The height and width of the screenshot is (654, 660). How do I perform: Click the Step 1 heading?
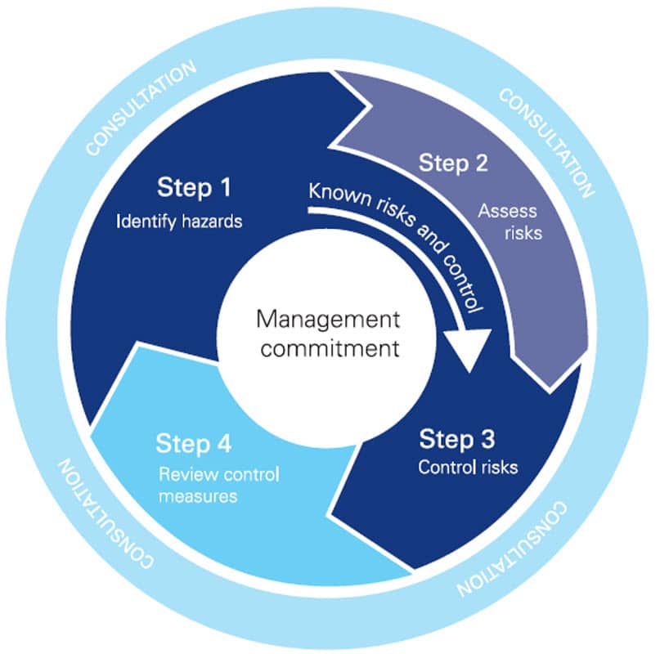194,189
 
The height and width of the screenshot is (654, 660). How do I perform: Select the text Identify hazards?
178,221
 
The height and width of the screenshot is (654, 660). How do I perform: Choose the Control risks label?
468,468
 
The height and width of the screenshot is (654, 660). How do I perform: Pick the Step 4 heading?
194,445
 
